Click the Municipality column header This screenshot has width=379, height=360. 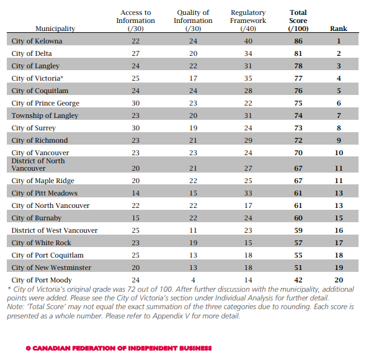pyautogui.click(x=55, y=29)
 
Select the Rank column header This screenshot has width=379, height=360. pyautogui.click(x=339, y=29)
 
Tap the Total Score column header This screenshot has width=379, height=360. pyautogui.click(x=298, y=20)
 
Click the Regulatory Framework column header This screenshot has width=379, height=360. pyautogui.click(x=248, y=20)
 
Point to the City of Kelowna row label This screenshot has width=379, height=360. pyautogui.click(x=37, y=41)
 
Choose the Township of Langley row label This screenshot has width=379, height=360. pyautogui.click(x=45, y=115)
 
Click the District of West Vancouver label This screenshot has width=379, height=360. pyautogui.click(x=55, y=230)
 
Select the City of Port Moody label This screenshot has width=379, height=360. pyautogui.click(x=42, y=280)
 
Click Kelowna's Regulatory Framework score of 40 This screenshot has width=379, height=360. pyautogui.click(x=248, y=41)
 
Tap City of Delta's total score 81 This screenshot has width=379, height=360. pyautogui.click(x=298, y=53)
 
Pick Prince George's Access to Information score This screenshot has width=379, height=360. pyautogui.click(x=136, y=103)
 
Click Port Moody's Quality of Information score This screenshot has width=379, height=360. pyautogui.click(x=193, y=280)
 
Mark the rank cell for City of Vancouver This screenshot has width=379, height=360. pyautogui.click(x=339, y=153)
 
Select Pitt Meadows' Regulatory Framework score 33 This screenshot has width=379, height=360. pyautogui.click(x=248, y=193)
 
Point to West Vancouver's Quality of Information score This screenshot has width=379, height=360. pyautogui.click(x=193, y=230)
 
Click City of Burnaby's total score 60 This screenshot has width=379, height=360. pyautogui.click(x=298, y=218)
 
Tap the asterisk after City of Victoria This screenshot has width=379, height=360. pyautogui.click(x=62, y=77)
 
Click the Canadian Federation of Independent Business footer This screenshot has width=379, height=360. pyautogui.click(x=118, y=348)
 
